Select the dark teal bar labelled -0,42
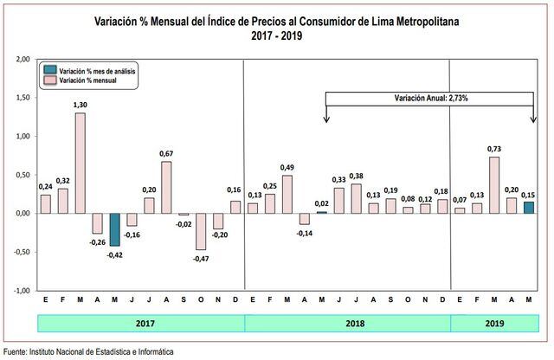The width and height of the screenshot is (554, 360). point(114,229)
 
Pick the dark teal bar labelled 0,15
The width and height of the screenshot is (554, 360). point(528,208)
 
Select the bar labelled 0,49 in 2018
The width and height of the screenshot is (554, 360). point(287,194)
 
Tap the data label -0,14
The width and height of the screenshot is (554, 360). point(305,234)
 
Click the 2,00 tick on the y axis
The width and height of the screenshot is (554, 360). point(23,59)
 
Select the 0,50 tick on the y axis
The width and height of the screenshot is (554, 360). point(23,175)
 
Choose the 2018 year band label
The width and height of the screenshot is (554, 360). point(347,322)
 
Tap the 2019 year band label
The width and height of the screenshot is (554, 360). point(494,322)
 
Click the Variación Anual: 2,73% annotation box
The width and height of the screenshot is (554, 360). point(430,99)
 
